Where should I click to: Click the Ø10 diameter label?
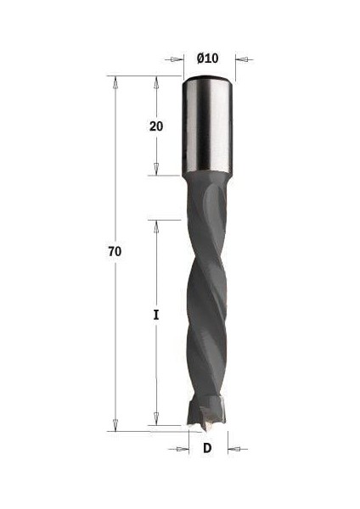208,58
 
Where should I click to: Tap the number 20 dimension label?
156,126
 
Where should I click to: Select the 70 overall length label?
115,252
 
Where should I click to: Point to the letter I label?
156,315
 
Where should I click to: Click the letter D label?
208,448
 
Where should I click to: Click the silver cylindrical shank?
208,127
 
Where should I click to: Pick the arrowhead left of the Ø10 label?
179,59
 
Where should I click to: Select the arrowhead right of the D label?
232,448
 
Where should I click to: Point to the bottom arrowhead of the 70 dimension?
115,425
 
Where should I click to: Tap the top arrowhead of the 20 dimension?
156,81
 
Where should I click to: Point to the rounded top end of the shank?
208,80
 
